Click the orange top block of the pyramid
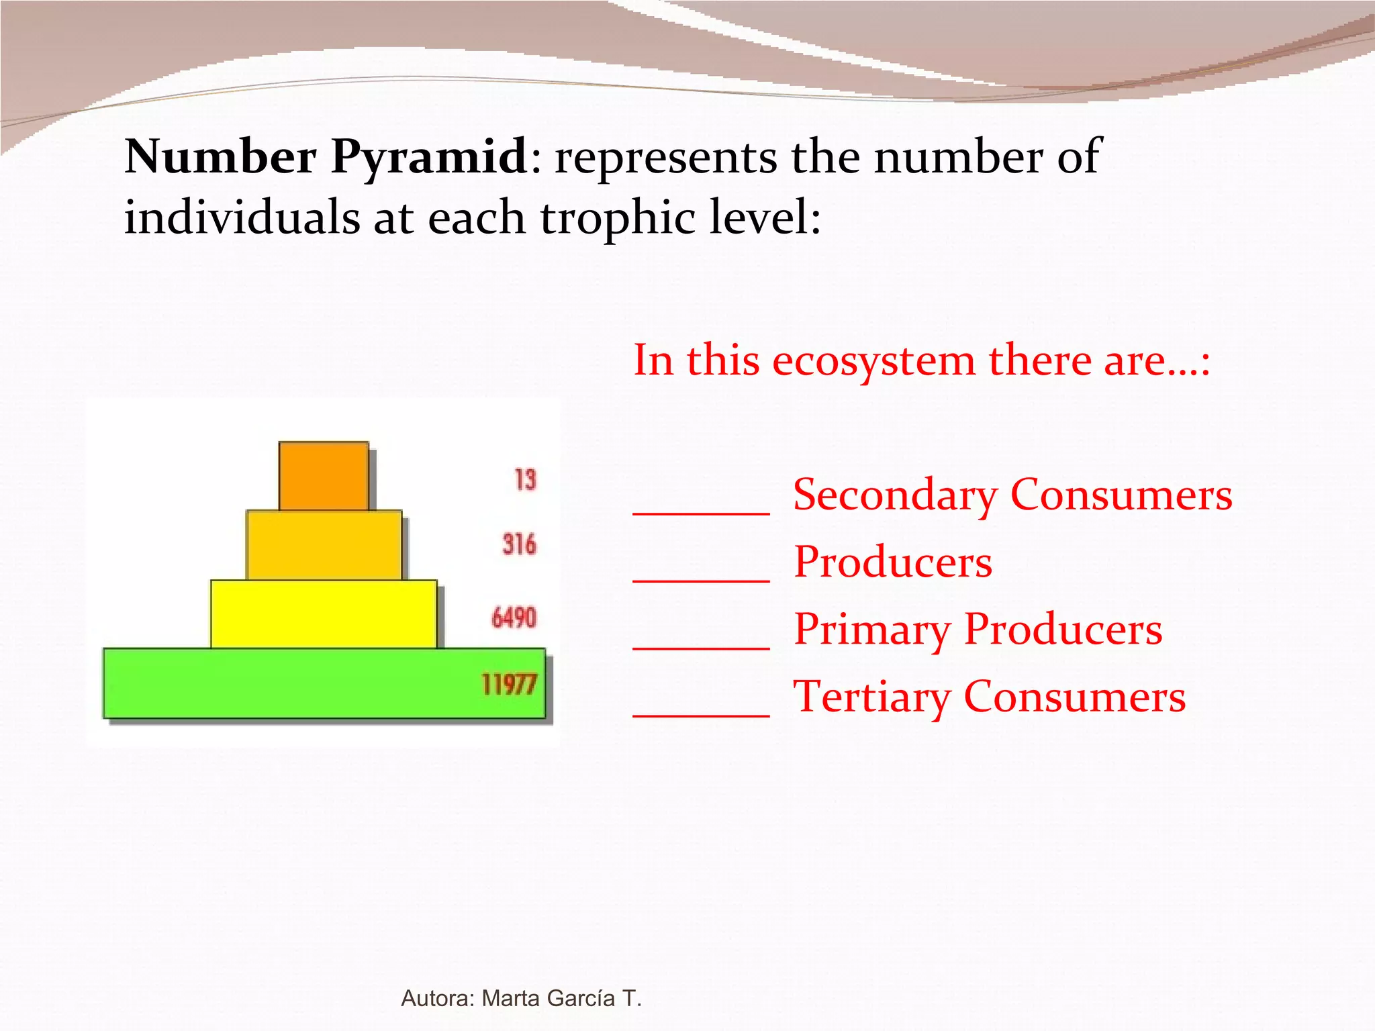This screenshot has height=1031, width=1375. point(324,475)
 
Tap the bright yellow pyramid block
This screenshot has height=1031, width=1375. point(324,614)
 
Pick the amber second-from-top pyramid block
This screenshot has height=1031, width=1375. point(324,545)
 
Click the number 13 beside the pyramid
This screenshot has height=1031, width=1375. point(525,480)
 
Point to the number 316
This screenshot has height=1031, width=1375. point(519,544)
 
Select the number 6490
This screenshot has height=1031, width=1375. point(514,618)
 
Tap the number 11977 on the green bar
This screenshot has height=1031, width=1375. point(509,685)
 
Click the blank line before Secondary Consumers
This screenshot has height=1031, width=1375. point(701,513)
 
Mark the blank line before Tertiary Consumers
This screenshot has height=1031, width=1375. point(701,715)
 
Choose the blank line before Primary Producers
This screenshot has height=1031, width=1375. point(701,647)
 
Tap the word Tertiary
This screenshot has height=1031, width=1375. point(871,697)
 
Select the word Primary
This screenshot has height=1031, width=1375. point(871,630)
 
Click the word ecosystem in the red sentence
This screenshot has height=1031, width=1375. point(873,360)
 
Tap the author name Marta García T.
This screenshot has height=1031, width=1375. point(562,998)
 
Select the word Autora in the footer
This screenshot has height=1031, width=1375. point(438,998)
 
